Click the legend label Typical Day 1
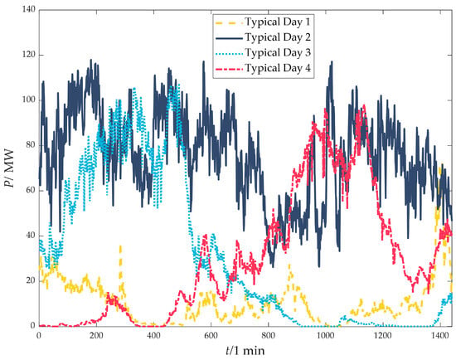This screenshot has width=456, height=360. pos(278,22)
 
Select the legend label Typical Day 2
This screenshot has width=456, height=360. pos(278,37)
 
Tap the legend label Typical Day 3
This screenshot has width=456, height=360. pos(278,53)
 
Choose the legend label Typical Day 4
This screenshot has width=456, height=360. pos(278,68)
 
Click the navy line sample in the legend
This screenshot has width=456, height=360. pos(229,38)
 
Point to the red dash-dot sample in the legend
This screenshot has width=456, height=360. pos(229,69)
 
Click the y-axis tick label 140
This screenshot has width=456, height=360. pos(28,10)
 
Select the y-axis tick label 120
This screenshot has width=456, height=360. pos(28,55)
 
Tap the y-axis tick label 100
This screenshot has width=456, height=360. pos(28,100)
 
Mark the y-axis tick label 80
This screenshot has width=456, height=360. pos(31,145)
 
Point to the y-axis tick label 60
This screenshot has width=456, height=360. pos(31,190)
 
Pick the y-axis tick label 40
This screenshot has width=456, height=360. pos(31,236)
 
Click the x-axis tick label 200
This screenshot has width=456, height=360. pos(96,335)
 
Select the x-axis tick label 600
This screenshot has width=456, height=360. pos(211,335)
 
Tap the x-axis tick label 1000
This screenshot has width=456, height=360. pos(326,335)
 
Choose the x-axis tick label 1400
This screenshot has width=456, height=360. pos(440,335)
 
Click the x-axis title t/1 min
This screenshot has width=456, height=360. pos(245,350)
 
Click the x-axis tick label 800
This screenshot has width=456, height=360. pos(268,335)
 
